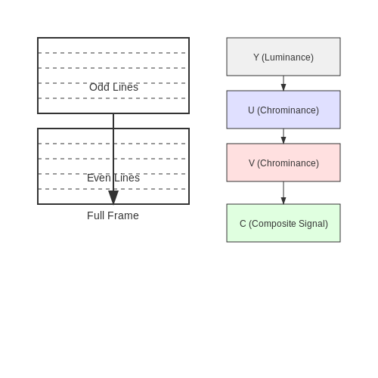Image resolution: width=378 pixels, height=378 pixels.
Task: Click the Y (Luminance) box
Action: coord(283,57)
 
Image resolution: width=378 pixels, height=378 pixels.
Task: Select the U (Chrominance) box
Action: coord(283,110)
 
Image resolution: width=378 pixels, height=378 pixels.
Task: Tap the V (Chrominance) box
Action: coord(283,163)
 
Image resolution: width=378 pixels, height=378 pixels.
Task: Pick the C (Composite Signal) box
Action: coord(283,223)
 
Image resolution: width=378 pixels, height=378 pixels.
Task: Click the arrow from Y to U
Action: coord(283,83)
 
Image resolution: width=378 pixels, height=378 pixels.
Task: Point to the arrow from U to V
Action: coord(283,136)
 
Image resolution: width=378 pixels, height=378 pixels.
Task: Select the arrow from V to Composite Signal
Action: coord(283,193)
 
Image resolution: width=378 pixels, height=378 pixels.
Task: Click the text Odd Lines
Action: coord(113,87)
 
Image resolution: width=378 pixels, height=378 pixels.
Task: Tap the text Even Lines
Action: coord(113,178)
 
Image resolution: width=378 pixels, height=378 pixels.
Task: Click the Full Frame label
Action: coord(113,215)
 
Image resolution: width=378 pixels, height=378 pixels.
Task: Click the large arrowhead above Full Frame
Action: coord(113,197)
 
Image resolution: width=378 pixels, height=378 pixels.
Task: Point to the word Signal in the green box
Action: coord(313,224)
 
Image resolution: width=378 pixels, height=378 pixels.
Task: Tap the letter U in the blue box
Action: coord(251,110)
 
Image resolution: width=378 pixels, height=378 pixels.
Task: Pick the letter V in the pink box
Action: coord(252,163)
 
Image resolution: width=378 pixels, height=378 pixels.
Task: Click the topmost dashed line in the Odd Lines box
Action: coord(112,53)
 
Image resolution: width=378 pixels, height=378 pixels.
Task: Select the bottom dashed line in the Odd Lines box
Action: coord(112,98)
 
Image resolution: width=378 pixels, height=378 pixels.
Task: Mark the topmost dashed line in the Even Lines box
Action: coord(112,144)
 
